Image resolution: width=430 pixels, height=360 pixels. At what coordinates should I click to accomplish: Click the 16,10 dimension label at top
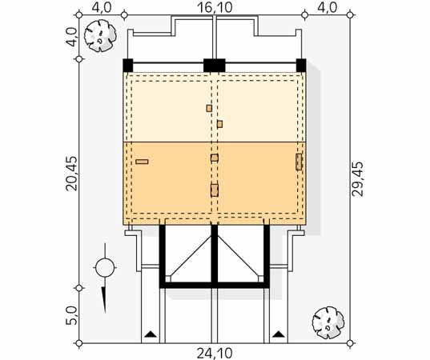(215, 7)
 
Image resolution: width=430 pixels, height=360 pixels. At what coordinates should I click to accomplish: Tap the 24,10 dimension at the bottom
(215, 354)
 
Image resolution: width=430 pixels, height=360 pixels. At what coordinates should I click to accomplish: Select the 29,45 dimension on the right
(358, 179)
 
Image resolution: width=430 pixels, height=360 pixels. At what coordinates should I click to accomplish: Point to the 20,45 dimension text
(72, 174)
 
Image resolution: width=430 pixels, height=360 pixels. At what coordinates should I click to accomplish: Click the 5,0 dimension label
(72, 316)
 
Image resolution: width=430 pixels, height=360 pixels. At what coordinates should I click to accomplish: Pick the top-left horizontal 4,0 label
(102, 7)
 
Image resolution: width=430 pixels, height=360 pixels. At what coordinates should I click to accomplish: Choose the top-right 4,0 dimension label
(328, 7)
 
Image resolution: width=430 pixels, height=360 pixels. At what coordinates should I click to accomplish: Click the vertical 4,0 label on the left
(72, 38)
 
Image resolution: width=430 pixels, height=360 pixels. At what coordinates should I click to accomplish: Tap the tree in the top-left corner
(100, 37)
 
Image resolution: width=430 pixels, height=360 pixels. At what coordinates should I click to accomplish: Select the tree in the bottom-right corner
(328, 322)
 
